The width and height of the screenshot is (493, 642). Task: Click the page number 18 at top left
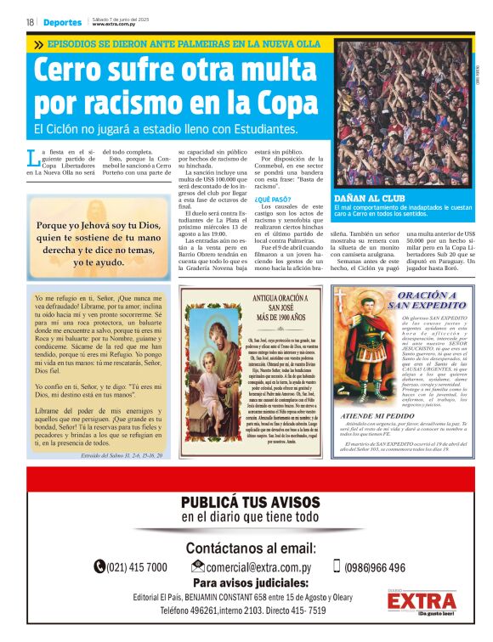click(30, 22)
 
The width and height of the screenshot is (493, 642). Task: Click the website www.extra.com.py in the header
click(114, 25)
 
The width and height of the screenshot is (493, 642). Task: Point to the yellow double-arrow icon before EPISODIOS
click(39, 43)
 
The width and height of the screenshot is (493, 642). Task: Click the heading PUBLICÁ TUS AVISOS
click(250, 503)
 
